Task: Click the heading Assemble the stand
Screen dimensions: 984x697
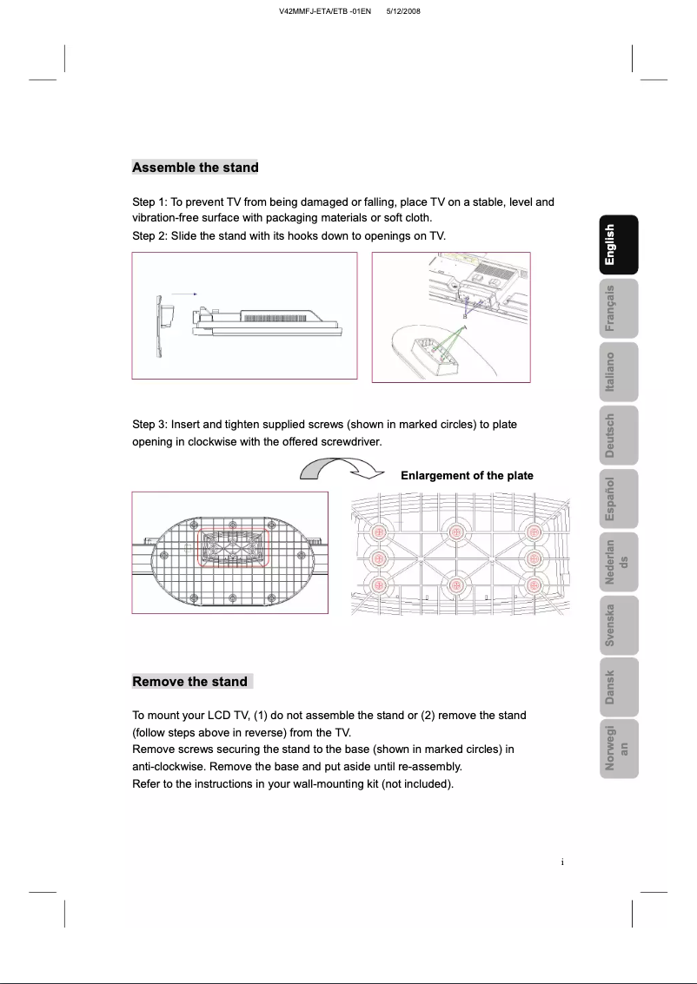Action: pyautogui.click(x=195, y=168)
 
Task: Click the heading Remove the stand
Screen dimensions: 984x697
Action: pyautogui.click(x=189, y=682)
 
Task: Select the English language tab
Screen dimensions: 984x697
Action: pyautogui.click(x=610, y=245)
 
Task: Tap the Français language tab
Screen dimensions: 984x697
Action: pyautogui.click(x=610, y=308)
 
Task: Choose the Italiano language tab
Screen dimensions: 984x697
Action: pyautogui.click(x=610, y=372)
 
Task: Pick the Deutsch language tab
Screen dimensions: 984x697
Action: pyautogui.click(x=610, y=434)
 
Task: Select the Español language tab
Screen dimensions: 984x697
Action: pyautogui.click(x=610, y=499)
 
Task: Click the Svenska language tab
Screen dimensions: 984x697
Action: pyautogui.click(x=610, y=624)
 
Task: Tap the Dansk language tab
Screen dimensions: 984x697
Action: pyautogui.click(x=610, y=687)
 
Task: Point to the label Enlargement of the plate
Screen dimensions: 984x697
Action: pyautogui.click(x=467, y=476)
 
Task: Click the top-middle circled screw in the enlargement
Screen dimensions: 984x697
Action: pyautogui.click(x=453, y=532)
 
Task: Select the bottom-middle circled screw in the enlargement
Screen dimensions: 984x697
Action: pyautogui.click(x=453, y=585)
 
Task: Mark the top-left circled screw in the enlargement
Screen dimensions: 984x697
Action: pyautogui.click(x=378, y=532)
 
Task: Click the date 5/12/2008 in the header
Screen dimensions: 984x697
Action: pyautogui.click(x=402, y=10)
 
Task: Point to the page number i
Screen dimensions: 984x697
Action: pyautogui.click(x=563, y=862)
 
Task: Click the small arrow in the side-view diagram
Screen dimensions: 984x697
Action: pyautogui.click(x=183, y=294)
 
